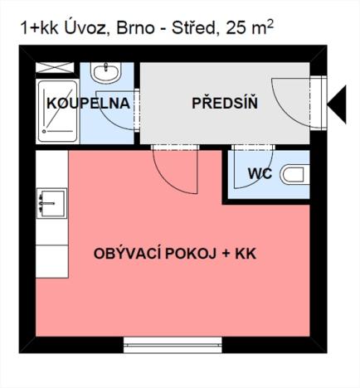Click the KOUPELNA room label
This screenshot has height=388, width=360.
pos(88,104)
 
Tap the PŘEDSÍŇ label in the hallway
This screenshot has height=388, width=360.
pos(224,104)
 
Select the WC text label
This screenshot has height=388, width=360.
pos(260,175)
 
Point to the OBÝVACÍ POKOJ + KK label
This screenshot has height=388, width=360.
pos(175,254)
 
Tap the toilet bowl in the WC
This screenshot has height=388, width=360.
pos(293,175)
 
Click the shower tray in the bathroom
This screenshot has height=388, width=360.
pos(56,113)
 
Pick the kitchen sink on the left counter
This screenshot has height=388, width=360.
pos(51,202)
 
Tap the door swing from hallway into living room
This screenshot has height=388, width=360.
pos(175,170)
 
